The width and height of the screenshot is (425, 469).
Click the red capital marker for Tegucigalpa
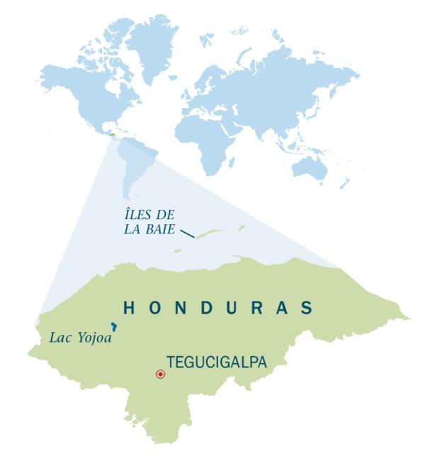160,374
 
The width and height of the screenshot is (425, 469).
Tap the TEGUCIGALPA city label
216,363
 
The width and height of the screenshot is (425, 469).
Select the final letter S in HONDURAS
306,308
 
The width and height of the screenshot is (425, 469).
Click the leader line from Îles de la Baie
187,233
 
